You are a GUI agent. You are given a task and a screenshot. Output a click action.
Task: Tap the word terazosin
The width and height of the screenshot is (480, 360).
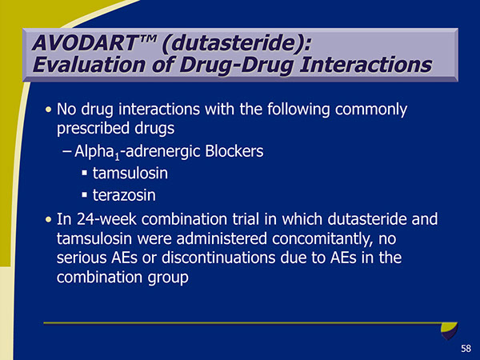click(129, 194)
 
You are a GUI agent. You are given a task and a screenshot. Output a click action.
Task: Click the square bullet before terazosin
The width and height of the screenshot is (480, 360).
click(84, 195)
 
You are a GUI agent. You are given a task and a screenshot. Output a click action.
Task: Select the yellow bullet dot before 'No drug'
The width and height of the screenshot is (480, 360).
click(50, 109)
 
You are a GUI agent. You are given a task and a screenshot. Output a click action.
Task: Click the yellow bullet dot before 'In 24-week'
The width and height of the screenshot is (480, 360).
click(50, 218)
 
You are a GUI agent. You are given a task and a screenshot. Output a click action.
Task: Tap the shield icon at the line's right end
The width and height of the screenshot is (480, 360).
click(450, 328)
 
